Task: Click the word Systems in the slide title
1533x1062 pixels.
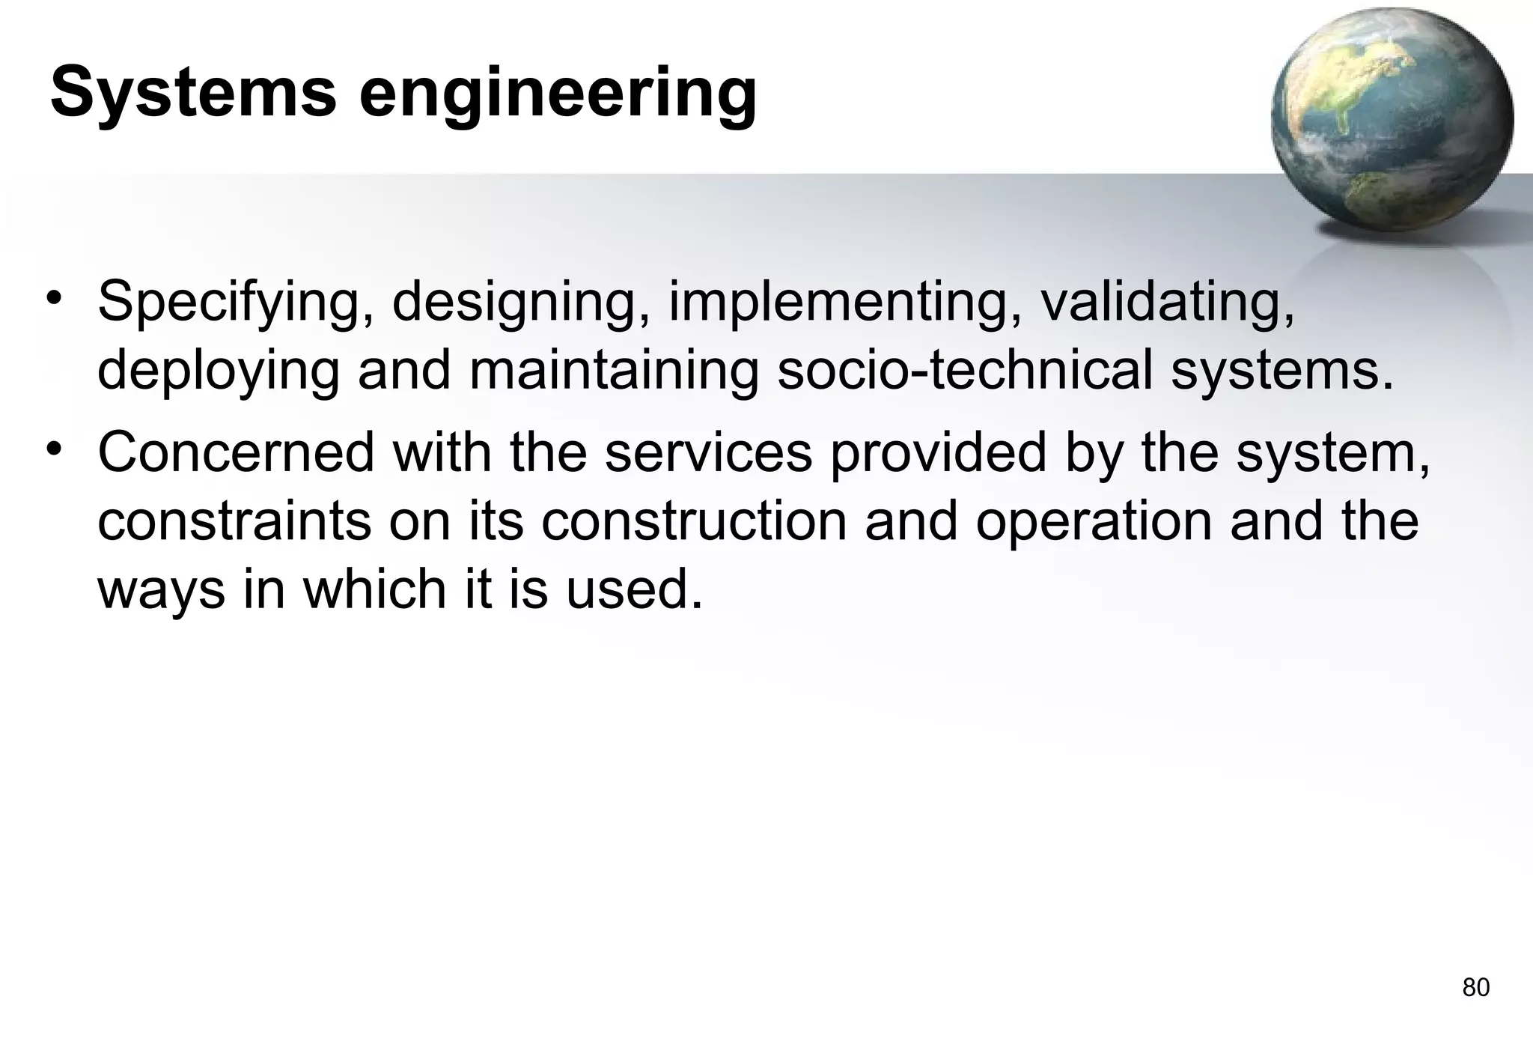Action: click(193, 93)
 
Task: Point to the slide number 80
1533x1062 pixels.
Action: click(1475, 988)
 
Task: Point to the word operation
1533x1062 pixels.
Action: click(1094, 524)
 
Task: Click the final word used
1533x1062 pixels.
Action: click(633, 589)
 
